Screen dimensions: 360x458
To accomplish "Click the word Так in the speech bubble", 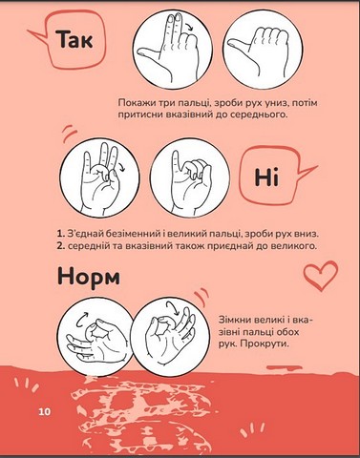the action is [75, 39].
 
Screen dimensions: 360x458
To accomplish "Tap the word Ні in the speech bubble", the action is [266, 177].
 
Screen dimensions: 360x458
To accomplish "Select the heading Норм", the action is [89, 277].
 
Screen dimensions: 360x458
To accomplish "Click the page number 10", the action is [45, 411].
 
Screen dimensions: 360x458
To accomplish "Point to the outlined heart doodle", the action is [320, 276].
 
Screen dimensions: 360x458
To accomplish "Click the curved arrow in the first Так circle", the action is [190, 27].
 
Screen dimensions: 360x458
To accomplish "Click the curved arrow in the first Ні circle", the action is [122, 165].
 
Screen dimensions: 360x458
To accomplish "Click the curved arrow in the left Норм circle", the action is [83, 319].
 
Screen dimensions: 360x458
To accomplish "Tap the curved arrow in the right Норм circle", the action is [173, 308].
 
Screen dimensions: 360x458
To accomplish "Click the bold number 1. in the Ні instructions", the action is [61, 234].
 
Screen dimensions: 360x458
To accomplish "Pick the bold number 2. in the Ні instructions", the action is [61, 246].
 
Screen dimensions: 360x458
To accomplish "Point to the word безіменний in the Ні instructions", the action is [130, 234].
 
